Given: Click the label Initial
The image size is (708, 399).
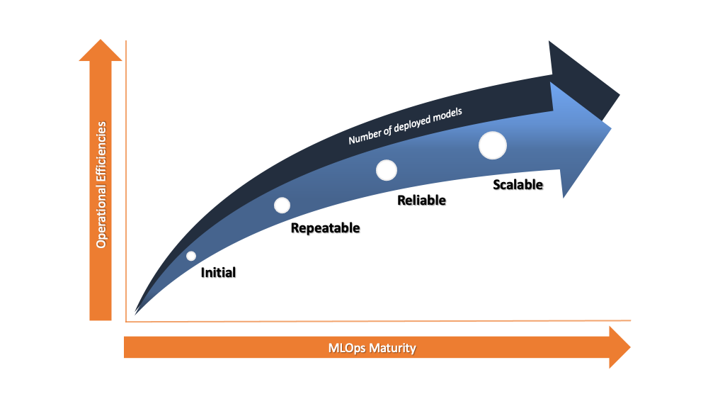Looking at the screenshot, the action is (x=218, y=272).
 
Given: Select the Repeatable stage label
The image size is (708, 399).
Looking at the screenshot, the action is (x=325, y=228).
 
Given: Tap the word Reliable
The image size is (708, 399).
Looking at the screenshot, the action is (x=421, y=200).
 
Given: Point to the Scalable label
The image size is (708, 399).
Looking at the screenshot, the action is (x=518, y=184).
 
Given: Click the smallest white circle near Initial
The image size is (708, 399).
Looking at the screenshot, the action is (x=191, y=256).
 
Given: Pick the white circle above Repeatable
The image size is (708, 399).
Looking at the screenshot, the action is (x=282, y=205).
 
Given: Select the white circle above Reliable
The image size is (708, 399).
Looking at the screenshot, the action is (x=387, y=170).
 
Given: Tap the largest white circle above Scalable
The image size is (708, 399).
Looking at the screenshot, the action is (x=493, y=145).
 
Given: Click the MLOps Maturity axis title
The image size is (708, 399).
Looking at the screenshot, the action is (x=372, y=348).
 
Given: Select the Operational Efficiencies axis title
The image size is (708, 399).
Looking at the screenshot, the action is (x=101, y=185).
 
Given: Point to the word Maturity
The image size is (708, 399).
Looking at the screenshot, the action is (x=392, y=348).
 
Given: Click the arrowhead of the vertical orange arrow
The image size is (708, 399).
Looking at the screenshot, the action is (x=101, y=50).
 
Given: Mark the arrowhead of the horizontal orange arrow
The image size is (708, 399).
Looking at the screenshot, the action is (x=619, y=347).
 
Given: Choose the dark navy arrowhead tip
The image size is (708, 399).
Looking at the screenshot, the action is (x=619, y=96).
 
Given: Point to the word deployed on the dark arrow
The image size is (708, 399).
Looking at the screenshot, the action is (x=412, y=123).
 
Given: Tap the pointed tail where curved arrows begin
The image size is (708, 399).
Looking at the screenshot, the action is (x=135, y=313).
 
